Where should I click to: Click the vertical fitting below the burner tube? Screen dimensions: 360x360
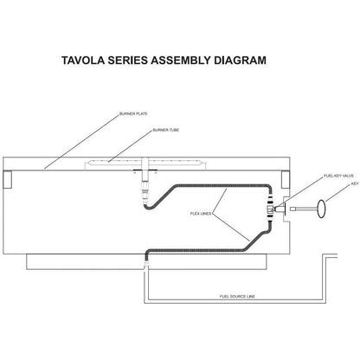tap(145, 185)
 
